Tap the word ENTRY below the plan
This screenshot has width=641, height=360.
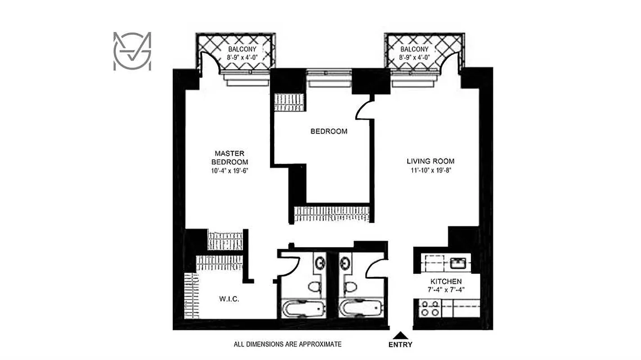pyautogui.click(x=400, y=345)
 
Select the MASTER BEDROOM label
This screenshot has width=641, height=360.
pyautogui.click(x=230, y=157)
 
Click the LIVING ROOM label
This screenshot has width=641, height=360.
pyautogui.click(x=430, y=161)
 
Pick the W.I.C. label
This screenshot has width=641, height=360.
pyautogui.click(x=226, y=298)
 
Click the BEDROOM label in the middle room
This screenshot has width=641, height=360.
pyautogui.click(x=329, y=131)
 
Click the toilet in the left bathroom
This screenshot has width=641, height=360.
pyautogui.click(x=314, y=287)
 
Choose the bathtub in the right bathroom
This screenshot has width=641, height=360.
pyautogui.click(x=361, y=309)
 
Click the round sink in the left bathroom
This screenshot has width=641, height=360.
pyautogui.click(x=320, y=262)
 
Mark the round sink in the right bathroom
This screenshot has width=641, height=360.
pyautogui.click(x=345, y=262)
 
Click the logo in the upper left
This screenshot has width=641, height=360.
pyautogui.click(x=132, y=51)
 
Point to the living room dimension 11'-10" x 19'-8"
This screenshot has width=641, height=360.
pyautogui.click(x=430, y=170)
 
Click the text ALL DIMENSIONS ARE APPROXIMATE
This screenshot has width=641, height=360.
pyautogui.click(x=287, y=344)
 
